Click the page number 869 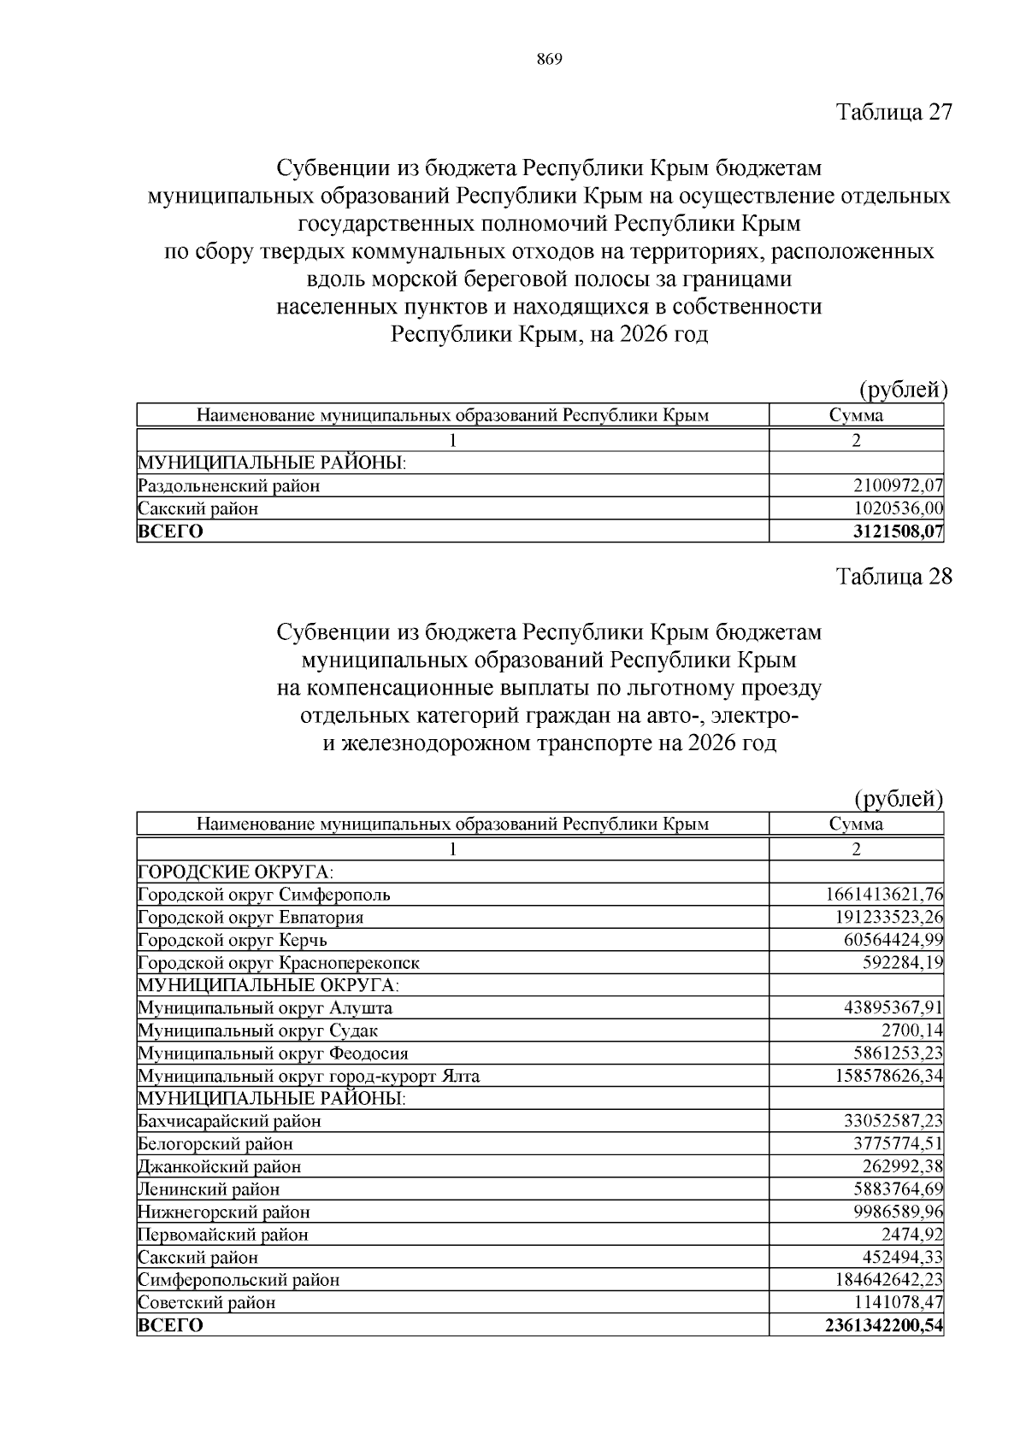click(x=549, y=59)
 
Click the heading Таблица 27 click(x=893, y=112)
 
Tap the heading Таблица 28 click(x=893, y=577)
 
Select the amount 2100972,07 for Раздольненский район click(x=898, y=486)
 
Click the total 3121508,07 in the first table click(x=898, y=531)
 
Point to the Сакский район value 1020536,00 click(x=898, y=508)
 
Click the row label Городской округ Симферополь click(x=264, y=895)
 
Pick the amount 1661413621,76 click(x=884, y=895)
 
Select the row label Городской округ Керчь click(x=233, y=940)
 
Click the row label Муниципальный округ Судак click(x=258, y=1030)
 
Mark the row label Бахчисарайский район click(x=230, y=1121)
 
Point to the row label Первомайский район click(x=223, y=1235)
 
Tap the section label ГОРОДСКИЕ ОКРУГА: click(x=236, y=872)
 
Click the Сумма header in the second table click(x=856, y=825)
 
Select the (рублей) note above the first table click(x=903, y=390)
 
